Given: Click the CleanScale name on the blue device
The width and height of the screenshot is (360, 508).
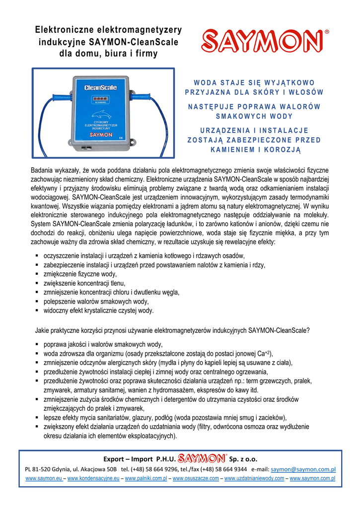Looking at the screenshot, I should (100, 88).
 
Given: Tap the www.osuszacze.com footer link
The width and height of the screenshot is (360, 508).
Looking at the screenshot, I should (196, 479).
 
